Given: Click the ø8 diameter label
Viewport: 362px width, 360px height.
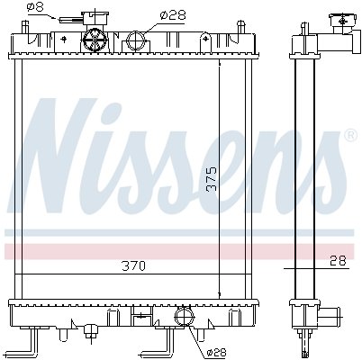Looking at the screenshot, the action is click(35, 7).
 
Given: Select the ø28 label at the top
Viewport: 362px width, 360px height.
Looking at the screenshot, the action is click(173, 14).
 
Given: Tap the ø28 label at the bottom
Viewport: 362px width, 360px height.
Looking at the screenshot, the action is click(216, 353).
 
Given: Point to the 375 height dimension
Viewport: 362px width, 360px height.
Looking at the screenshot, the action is click(212, 179).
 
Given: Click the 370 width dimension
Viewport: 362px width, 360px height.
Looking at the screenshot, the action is click(134, 265).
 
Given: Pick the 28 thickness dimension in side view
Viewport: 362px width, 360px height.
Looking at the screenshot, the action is click(338, 261).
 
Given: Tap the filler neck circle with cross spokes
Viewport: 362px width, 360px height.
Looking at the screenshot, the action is click(95, 40).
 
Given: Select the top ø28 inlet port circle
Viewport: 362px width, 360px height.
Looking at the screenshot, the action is click(137, 40).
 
